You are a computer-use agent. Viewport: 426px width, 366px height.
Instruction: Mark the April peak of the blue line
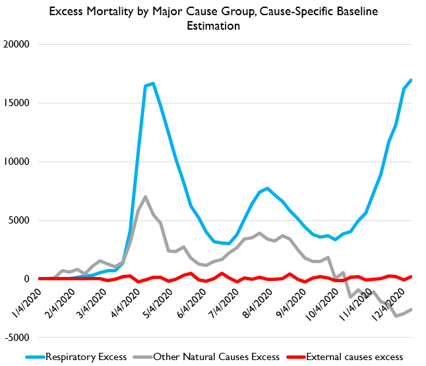click(x=153, y=83)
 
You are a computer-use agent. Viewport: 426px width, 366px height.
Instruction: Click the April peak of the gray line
click(x=145, y=197)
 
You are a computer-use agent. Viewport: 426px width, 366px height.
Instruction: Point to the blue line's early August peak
click(x=267, y=188)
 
